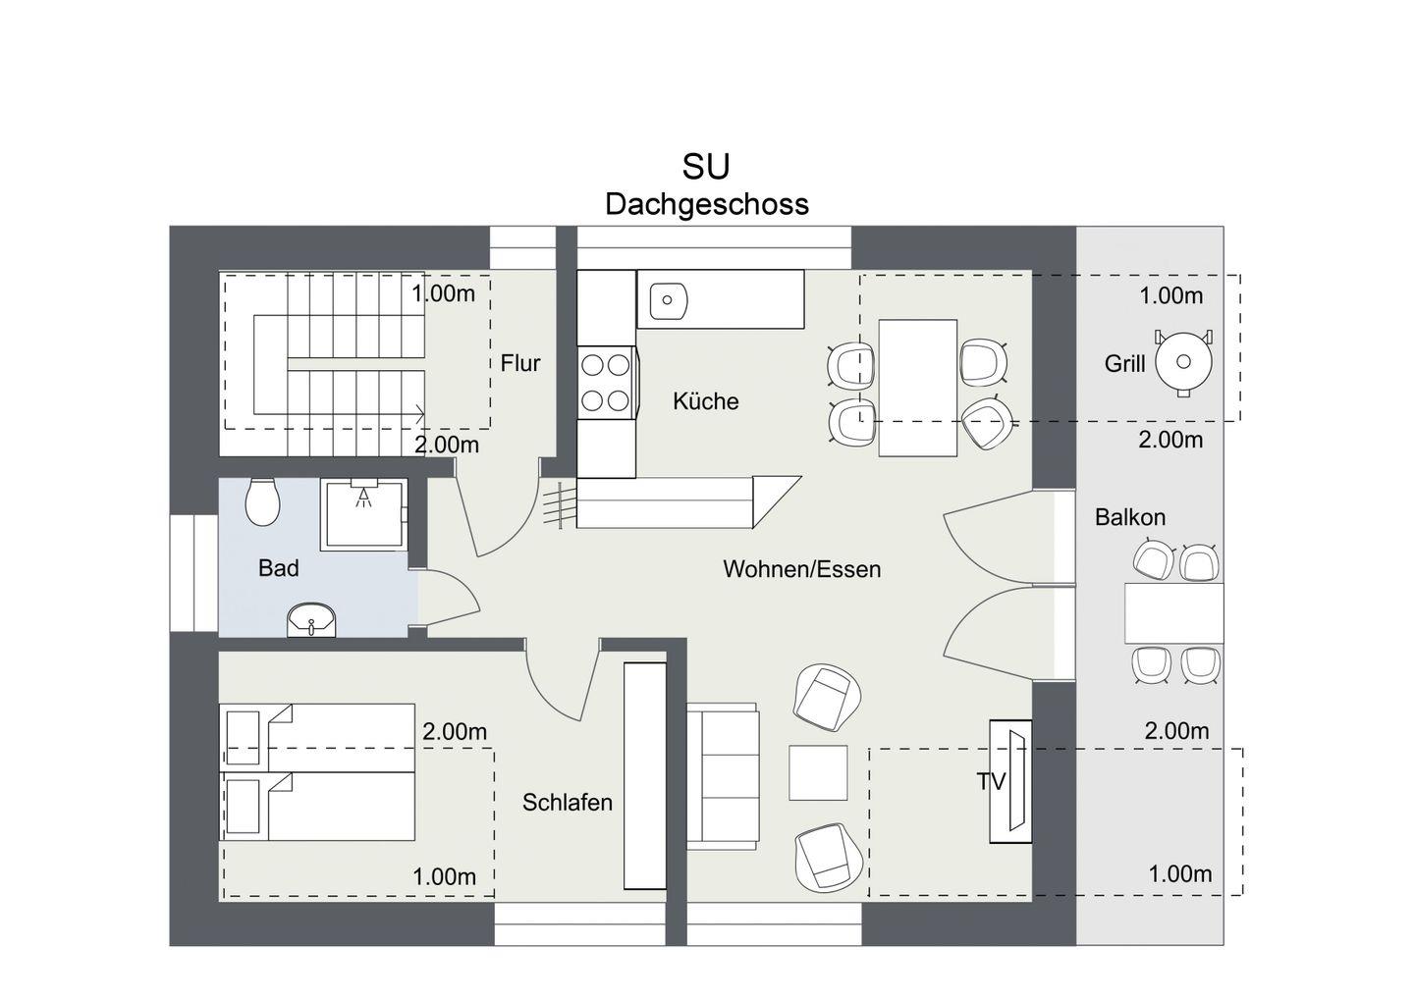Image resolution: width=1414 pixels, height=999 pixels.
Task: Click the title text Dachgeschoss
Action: pyautogui.click(x=707, y=204)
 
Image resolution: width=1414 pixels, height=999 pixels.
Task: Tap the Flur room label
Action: pyautogui.click(x=520, y=363)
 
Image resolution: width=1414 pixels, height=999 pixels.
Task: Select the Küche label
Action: pyautogui.click(x=706, y=401)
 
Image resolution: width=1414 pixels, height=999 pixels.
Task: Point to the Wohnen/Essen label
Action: pyautogui.click(x=801, y=569)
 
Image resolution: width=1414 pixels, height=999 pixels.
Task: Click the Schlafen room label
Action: pyautogui.click(x=568, y=802)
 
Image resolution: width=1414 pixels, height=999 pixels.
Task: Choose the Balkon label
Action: pyautogui.click(x=1130, y=517)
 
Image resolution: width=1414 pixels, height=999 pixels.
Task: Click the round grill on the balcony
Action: pyautogui.click(x=1183, y=362)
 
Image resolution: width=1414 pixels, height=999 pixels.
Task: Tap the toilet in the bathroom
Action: pyautogui.click(x=262, y=502)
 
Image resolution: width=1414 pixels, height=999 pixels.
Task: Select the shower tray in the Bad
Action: pyautogui.click(x=363, y=514)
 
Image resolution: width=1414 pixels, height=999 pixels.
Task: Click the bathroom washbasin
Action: pyautogui.click(x=312, y=620)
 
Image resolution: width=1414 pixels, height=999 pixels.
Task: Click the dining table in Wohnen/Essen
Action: pyautogui.click(x=918, y=388)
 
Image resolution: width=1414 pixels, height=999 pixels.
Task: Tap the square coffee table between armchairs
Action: pyautogui.click(x=818, y=772)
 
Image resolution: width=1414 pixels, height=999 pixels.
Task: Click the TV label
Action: pyautogui.click(x=991, y=782)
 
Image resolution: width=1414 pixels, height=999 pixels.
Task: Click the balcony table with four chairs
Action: pyautogui.click(x=1174, y=613)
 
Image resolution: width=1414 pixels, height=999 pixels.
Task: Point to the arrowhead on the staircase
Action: pyautogui.click(x=419, y=414)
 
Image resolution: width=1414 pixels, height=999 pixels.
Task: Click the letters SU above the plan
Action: pyautogui.click(x=706, y=167)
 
